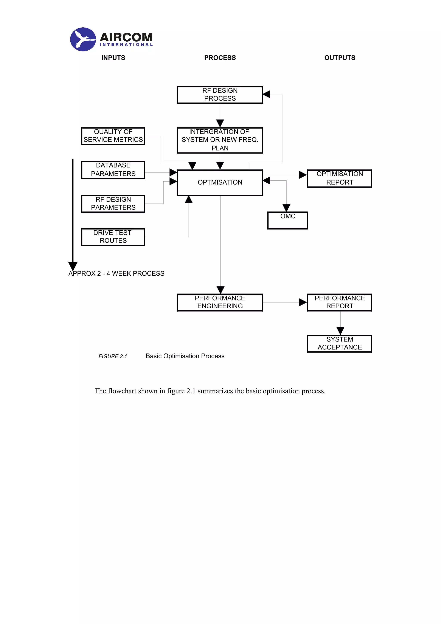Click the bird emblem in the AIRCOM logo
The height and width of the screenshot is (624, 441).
(x=83, y=39)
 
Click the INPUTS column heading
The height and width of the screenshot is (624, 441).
(x=113, y=58)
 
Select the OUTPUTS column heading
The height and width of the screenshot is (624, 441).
(x=339, y=58)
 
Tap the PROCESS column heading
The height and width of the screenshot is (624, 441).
(x=220, y=58)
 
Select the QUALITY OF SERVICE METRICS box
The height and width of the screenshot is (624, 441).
(x=113, y=136)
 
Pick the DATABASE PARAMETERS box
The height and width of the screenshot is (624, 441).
(x=113, y=170)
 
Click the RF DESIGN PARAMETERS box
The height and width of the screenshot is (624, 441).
(x=113, y=203)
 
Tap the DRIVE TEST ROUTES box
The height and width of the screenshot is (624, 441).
(x=113, y=237)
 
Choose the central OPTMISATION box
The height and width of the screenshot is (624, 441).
(x=220, y=182)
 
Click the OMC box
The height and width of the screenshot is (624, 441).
(x=287, y=220)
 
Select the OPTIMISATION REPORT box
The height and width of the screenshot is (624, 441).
(x=339, y=178)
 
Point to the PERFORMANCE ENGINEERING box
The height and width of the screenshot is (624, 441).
(x=220, y=302)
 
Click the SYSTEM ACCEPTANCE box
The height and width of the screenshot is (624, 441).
(x=339, y=343)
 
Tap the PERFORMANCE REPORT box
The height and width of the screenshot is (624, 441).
(x=339, y=302)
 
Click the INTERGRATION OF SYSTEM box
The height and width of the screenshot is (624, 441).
(x=220, y=140)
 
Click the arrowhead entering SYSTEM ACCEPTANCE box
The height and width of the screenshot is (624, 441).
(x=340, y=331)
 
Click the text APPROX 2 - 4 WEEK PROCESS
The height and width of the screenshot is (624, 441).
(x=116, y=273)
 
